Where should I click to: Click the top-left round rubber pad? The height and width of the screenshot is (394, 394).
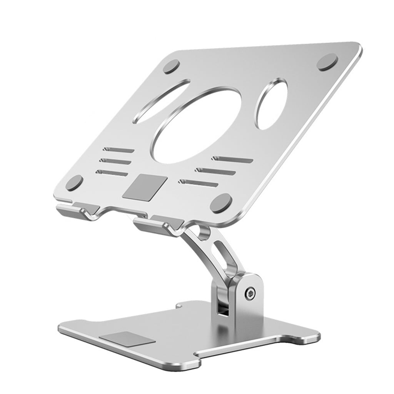coord(171,67)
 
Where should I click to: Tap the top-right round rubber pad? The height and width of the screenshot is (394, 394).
coord(327,62)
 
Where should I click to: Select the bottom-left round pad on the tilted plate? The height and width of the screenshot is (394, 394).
coord(74,183)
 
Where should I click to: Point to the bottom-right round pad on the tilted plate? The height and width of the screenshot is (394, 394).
coord(221,203)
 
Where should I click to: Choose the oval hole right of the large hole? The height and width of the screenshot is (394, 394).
coord(272,104)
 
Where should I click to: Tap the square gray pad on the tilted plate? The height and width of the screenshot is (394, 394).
coord(145,187)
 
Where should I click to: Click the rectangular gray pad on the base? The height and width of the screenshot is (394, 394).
coord(127,339)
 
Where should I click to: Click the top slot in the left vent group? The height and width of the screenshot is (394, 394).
coord(119,150)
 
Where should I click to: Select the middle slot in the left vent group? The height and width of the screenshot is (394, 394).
coord(115,161)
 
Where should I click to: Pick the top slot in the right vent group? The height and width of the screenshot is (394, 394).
coord(232,159)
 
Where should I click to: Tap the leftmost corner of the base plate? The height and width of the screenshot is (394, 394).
coord(60,329)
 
